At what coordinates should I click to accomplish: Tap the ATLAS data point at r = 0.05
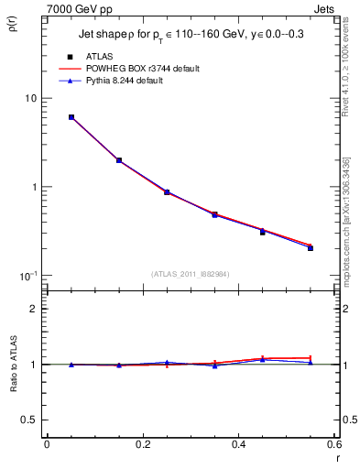pos(71,117)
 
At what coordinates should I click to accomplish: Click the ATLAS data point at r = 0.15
pos(119,160)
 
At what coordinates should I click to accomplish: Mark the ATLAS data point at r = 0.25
pos(167,192)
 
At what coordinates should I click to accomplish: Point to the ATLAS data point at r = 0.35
pos(214,215)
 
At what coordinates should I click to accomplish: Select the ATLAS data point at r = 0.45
pos(262,233)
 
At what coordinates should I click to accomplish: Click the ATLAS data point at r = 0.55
pos(311,248)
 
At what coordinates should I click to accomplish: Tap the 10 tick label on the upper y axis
pos(29,98)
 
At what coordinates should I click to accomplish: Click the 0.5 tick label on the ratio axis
pos(27,420)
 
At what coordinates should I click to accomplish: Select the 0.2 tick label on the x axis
pos(142,445)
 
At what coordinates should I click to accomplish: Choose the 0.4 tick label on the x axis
pos(238,445)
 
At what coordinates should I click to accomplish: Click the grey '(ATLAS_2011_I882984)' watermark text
pos(191,274)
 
